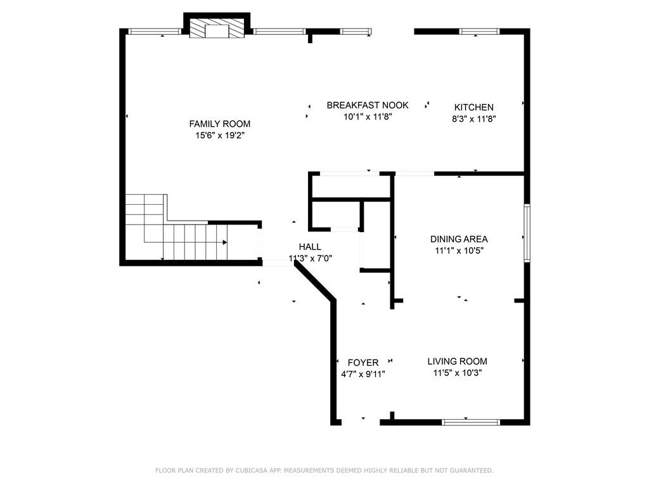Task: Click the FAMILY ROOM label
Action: (219, 124)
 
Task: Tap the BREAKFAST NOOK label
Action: (368, 105)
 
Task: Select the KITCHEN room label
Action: (473, 107)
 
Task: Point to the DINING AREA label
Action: (459, 239)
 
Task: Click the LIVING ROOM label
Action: (457, 361)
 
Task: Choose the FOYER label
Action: (363, 363)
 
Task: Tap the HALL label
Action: (310, 247)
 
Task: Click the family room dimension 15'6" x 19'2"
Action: (219, 135)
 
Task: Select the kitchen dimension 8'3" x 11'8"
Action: (473, 118)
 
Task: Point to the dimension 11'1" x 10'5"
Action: (459, 250)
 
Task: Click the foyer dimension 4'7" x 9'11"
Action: (363, 374)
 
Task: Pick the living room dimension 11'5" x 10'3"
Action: (457, 373)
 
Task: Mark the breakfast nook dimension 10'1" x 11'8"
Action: (368, 117)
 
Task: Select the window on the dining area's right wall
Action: (526, 232)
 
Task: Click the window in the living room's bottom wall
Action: (471, 421)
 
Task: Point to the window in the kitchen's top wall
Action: (479, 31)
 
